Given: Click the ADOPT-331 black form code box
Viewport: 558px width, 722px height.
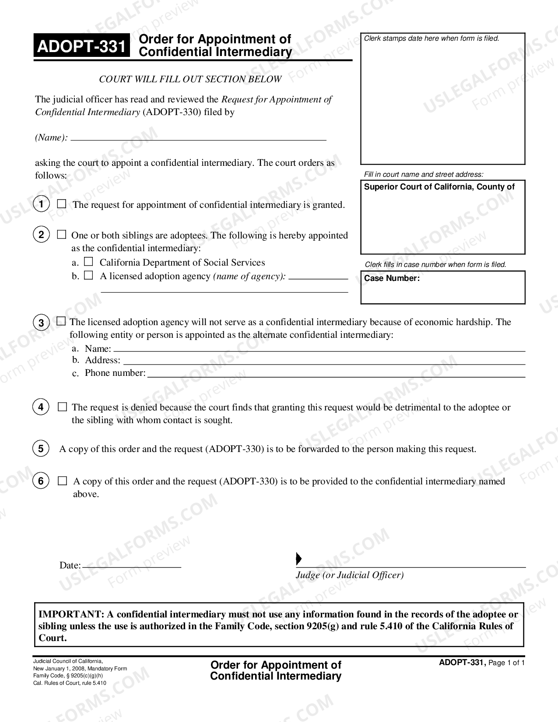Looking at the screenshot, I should [82, 46].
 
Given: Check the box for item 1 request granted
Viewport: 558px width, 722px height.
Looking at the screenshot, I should [62, 204].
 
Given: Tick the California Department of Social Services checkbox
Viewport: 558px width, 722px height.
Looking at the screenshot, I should [89, 262].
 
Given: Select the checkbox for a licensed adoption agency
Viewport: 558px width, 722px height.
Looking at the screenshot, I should [89, 275].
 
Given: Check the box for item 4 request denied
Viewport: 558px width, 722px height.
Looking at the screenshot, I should [63, 407].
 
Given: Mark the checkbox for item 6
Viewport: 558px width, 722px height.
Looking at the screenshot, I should [63, 481].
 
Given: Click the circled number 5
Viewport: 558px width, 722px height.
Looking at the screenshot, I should [41, 449].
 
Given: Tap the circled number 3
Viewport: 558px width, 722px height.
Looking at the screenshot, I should [41, 323].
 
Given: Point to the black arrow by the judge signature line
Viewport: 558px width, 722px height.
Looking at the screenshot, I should [299, 559].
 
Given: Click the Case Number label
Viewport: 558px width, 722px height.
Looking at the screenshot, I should [392, 278].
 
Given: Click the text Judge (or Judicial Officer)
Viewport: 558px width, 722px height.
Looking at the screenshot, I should [350, 575].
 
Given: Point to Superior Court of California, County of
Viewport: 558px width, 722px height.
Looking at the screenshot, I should [439, 187].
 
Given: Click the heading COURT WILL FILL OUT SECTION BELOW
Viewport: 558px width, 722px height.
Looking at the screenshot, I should [190, 79].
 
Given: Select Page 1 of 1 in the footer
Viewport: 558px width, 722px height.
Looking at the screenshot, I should [506, 663].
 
